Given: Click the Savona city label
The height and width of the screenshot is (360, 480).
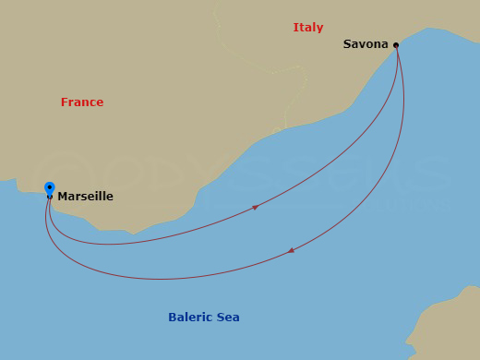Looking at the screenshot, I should point(366,44).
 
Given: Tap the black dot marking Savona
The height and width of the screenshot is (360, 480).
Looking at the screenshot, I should point(396,44).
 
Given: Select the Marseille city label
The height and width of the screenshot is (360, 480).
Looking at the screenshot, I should point(85,197).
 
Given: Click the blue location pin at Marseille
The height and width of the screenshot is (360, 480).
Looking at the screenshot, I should point(49,188).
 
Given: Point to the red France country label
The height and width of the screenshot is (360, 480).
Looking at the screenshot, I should point(82,102).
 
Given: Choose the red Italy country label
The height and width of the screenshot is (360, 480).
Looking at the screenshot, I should point(308,28).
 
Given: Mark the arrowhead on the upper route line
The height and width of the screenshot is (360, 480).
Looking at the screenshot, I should point(255,207).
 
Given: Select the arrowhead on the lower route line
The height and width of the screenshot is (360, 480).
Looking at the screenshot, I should point(292,249).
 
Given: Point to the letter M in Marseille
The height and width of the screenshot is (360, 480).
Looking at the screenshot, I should point(62,197).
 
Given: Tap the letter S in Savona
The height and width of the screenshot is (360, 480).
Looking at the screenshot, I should point(347,44).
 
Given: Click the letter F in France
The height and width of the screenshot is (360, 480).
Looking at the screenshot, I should point(65,102).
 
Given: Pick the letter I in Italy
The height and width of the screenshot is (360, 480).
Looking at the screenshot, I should point(295,28).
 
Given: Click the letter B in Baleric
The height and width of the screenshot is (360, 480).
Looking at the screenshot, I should point(173,318).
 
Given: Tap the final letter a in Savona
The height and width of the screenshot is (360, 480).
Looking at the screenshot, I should point(385,44).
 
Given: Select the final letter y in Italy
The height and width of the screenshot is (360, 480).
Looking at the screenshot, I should point(320,29).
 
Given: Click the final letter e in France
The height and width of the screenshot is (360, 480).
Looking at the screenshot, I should point(100,102).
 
